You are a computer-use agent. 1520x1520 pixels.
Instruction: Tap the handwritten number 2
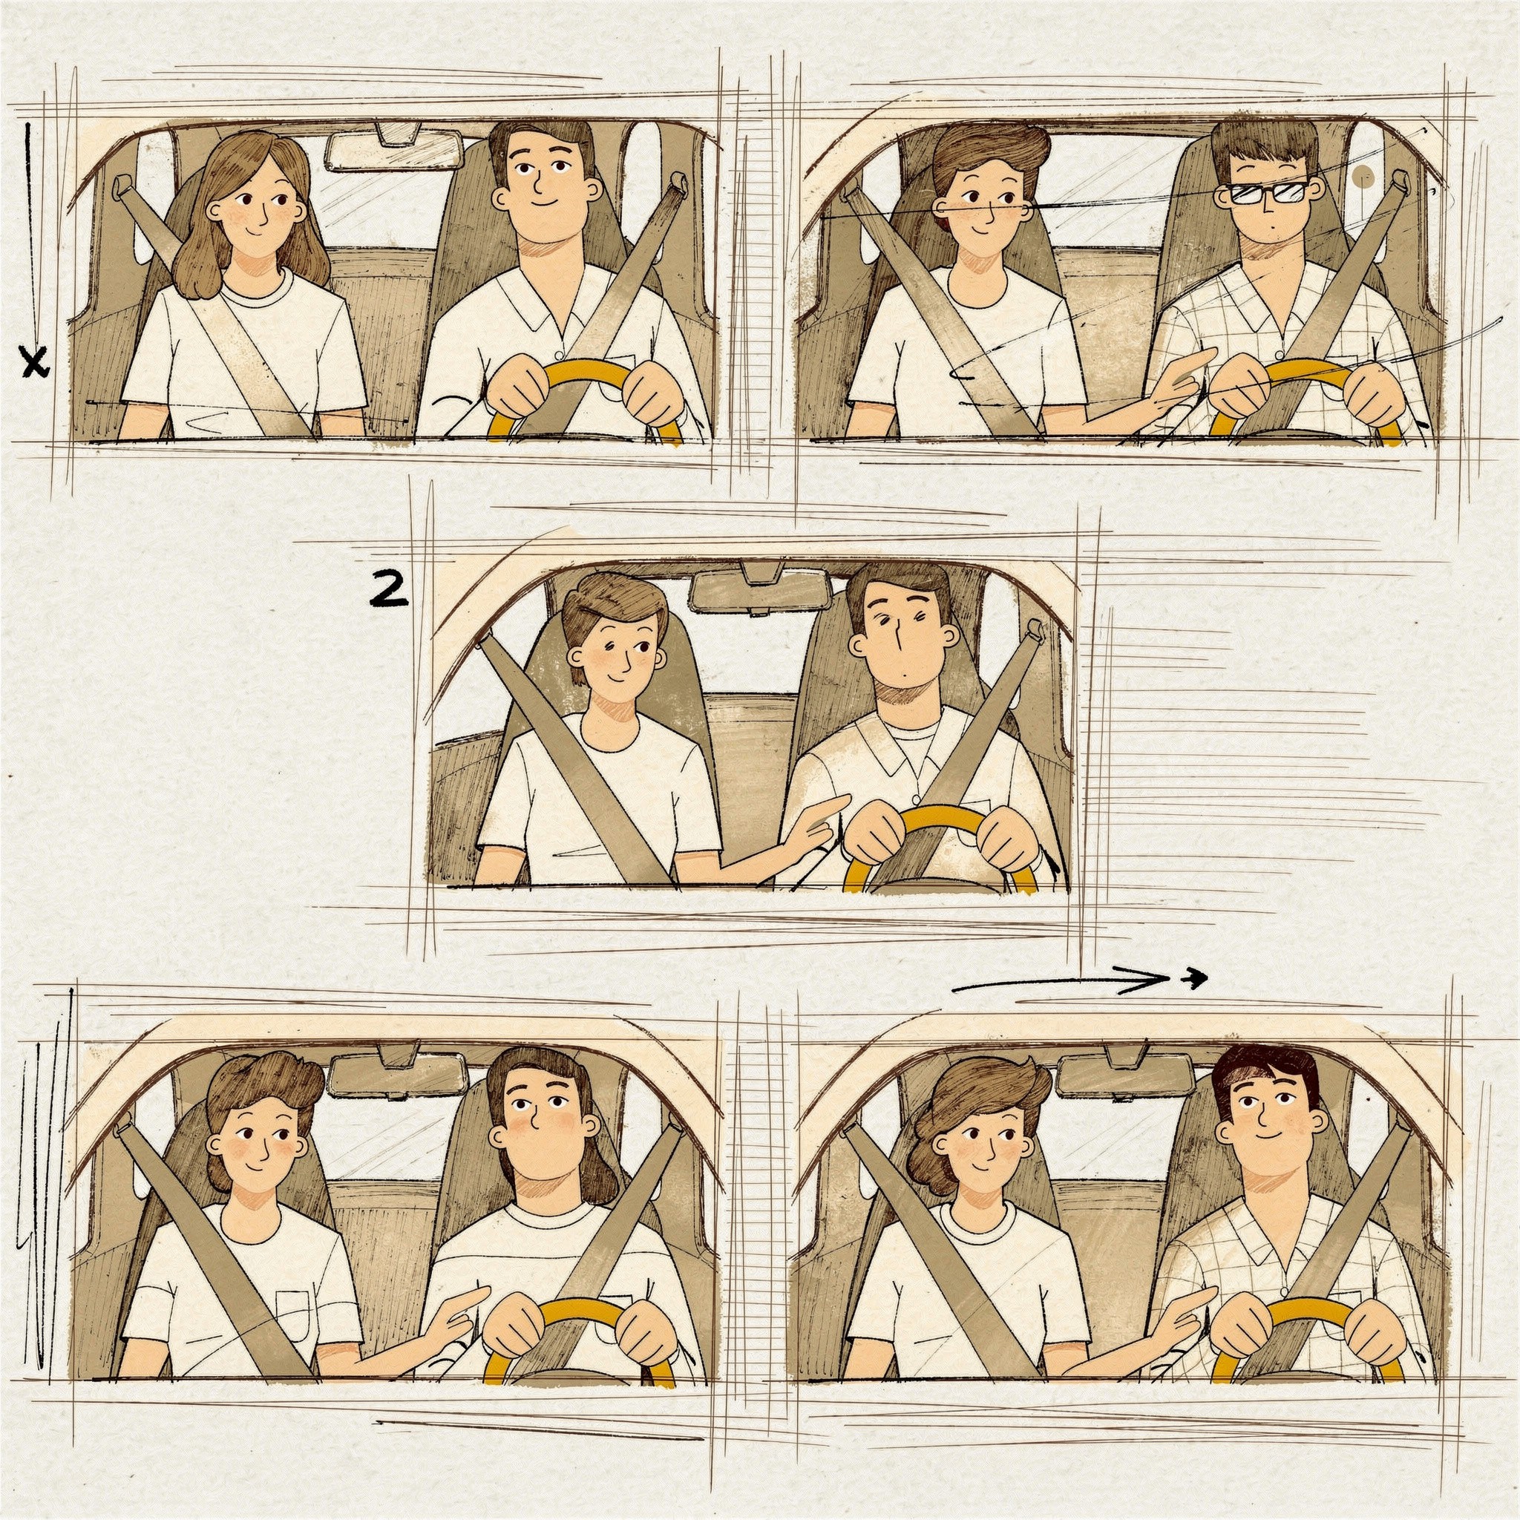click(389, 590)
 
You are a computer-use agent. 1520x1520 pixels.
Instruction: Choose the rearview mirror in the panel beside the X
click(393, 148)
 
